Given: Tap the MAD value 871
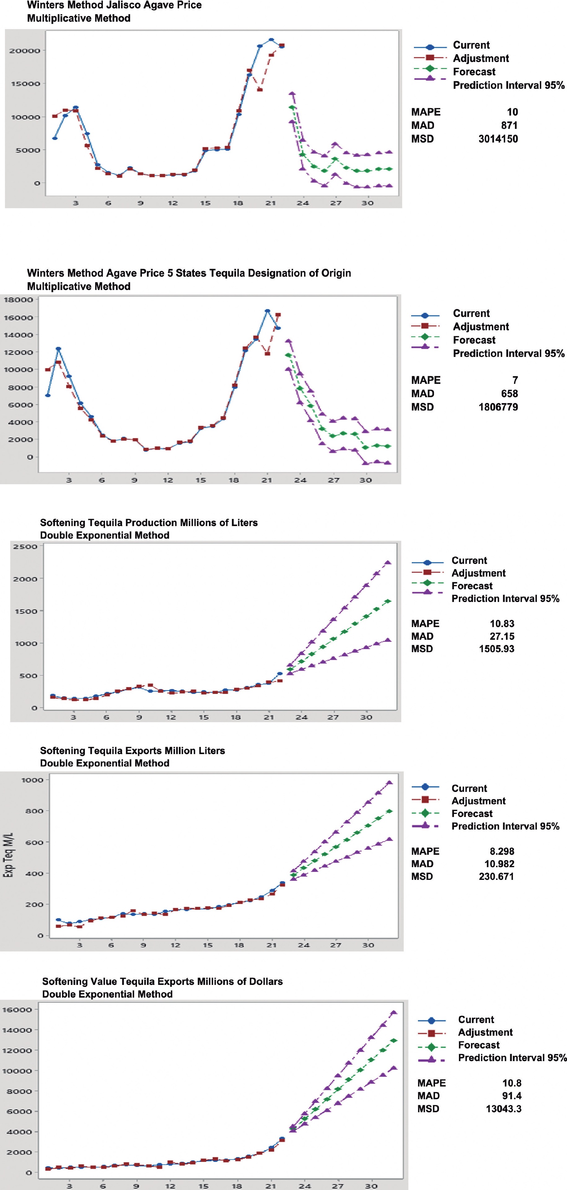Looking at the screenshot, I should (x=509, y=125).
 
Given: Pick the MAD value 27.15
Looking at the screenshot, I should (x=502, y=636).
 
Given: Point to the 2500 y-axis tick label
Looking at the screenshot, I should (x=25, y=547).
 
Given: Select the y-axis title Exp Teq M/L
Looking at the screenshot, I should (x=9, y=854).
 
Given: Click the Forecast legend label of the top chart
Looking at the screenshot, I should (x=474, y=72).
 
